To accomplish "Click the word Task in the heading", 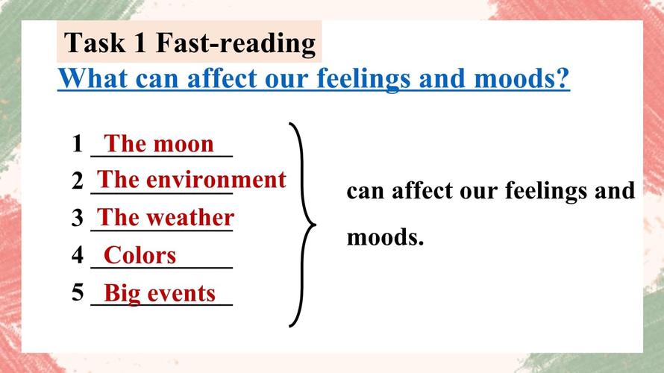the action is (95, 43).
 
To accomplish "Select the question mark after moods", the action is (563, 78).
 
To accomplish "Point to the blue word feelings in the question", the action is (363, 79).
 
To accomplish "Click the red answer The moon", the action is (159, 143).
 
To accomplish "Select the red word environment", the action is (216, 180).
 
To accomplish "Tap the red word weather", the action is (190, 218).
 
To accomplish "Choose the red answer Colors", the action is (140, 255).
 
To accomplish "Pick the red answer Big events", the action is (160, 293).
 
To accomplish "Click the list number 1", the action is (77, 143).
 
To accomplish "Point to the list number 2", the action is (78, 181).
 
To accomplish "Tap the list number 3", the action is (78, 218).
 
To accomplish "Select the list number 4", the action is (78, 255).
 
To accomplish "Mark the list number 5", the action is (78, 292).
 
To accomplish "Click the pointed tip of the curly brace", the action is (316, 225).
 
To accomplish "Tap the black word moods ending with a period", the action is (385, 237).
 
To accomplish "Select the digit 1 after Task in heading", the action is (140, 43).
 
